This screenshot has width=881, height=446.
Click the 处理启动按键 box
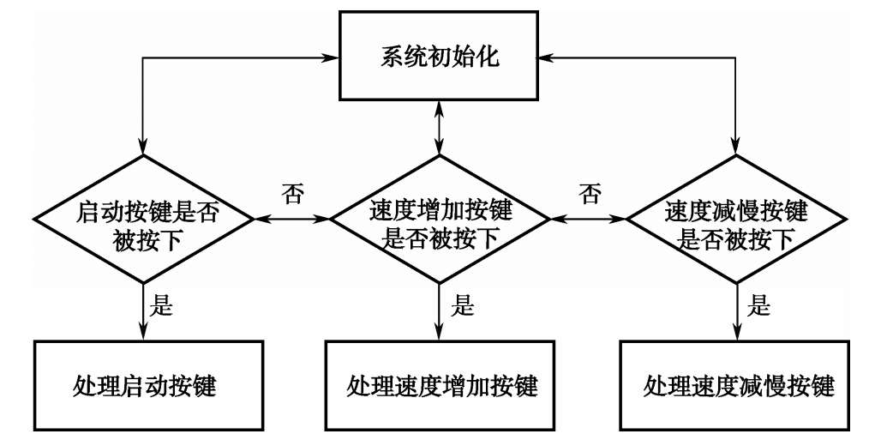point(146,386)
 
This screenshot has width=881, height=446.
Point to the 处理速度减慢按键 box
point(737,386)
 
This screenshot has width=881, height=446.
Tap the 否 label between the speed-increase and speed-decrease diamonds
point(589,194)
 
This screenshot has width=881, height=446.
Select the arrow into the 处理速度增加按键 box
point(439,313)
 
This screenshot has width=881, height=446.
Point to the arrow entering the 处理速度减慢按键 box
point(735,313)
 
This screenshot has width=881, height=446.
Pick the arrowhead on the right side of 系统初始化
point(542,59)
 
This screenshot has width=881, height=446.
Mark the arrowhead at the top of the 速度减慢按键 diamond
point(735,148)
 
